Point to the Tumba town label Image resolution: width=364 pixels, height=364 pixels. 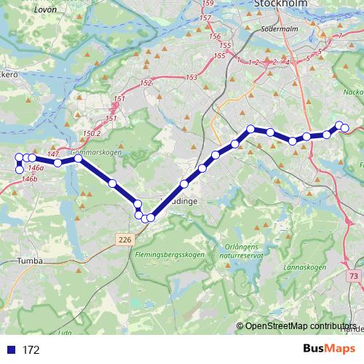coord(28,260)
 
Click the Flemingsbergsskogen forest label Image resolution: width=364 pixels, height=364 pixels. coord(169,255)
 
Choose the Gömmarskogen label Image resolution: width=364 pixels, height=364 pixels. coord(95,154)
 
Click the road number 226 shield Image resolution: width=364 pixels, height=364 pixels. coord(123,238)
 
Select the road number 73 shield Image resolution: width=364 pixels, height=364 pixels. coord(354,276)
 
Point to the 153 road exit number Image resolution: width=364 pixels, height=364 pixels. coord(191,78)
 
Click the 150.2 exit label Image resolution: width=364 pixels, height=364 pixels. coord(92,134)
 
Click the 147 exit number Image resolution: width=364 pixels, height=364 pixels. coord(52,154)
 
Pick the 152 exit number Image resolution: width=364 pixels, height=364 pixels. coord(146,83)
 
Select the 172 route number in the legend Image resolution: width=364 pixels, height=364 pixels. coord(31,350)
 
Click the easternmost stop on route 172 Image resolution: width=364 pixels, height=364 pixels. coord(345,129)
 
